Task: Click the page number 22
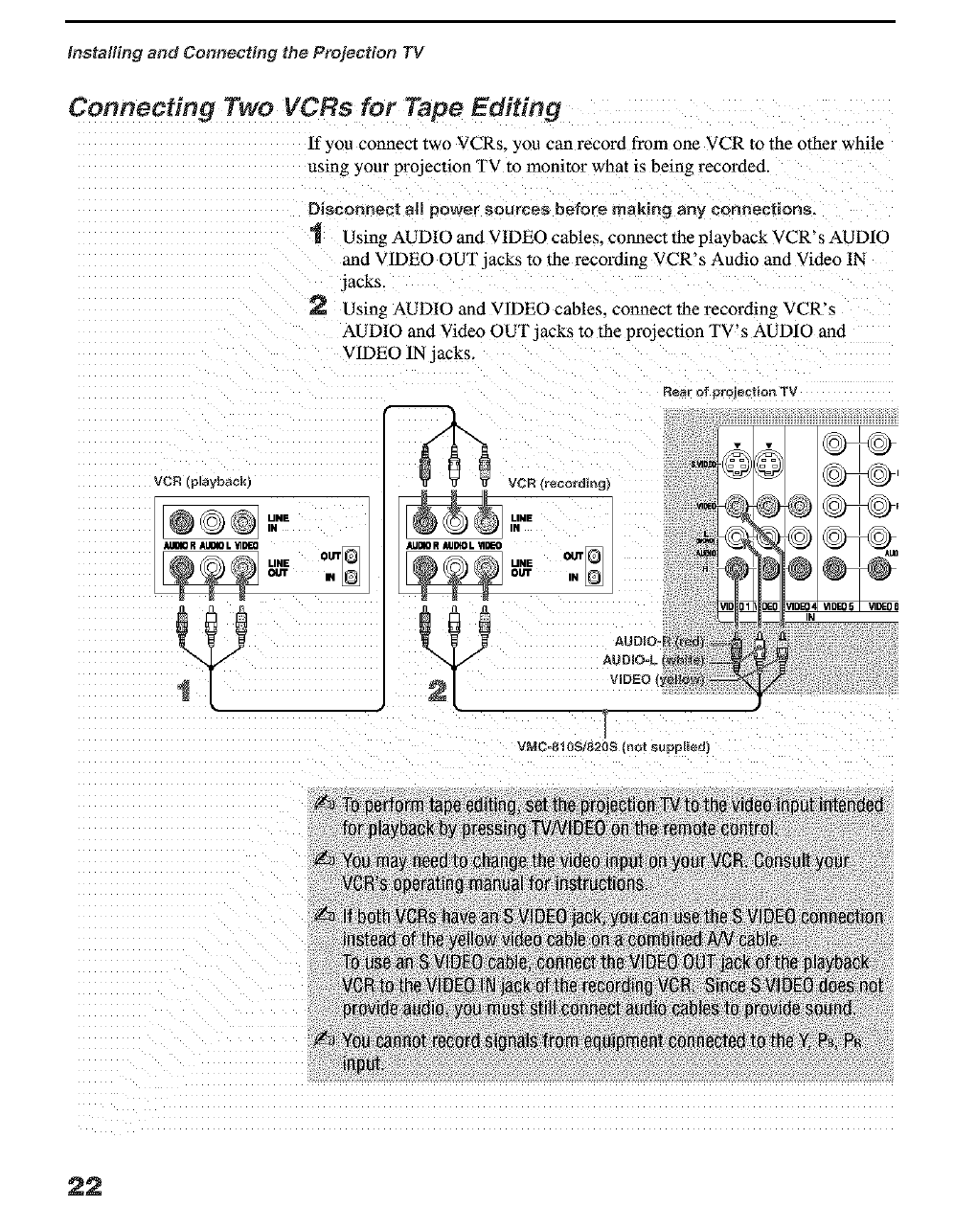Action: [84, 1186]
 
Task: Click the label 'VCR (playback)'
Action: [202, 480]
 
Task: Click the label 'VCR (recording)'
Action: [558, 482]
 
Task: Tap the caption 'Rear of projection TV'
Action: [729, 391]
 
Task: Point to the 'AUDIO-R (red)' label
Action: [660, 641]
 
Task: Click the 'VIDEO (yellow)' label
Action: [657, 679]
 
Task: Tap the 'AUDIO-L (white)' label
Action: [654, 660]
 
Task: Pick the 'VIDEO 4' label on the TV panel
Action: [801, 606]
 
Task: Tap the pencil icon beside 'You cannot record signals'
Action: [323, 1040]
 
